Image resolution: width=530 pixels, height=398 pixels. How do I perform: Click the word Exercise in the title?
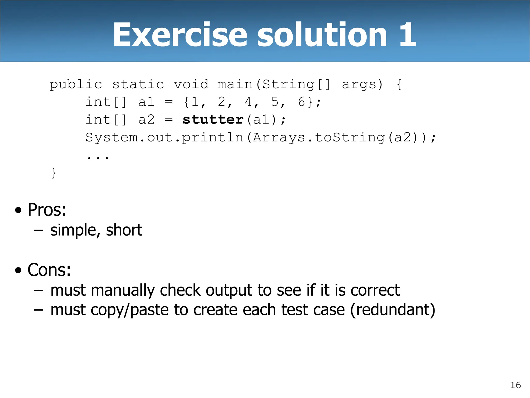click(x=180, y=35)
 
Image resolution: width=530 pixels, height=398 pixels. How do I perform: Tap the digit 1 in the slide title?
click(x=407, y=35)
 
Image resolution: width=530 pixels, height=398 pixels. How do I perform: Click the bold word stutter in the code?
click(x=213, y=120)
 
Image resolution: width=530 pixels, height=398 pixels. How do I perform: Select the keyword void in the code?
click(x=191, y=84)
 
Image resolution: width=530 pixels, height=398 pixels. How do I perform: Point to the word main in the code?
click(x=235, y=84)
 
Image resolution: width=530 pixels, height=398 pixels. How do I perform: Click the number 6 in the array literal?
click(x=301, y=102)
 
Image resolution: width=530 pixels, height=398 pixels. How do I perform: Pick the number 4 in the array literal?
click(x=248, y=102)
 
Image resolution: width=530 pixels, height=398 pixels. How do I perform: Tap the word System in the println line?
click(x=112, y=138)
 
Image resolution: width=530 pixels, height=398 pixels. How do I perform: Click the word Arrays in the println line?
click(x=279, y=138)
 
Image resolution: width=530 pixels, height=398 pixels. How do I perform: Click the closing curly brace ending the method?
click(x=54, y=173)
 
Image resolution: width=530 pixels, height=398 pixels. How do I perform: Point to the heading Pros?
click(x=47, y=210)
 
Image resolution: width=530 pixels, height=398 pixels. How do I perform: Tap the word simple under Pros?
click(x=73, y=230)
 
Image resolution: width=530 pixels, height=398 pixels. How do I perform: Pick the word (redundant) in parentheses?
click(x=393, y=310)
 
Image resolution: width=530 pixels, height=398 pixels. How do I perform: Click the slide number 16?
click(x=516, y=385)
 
